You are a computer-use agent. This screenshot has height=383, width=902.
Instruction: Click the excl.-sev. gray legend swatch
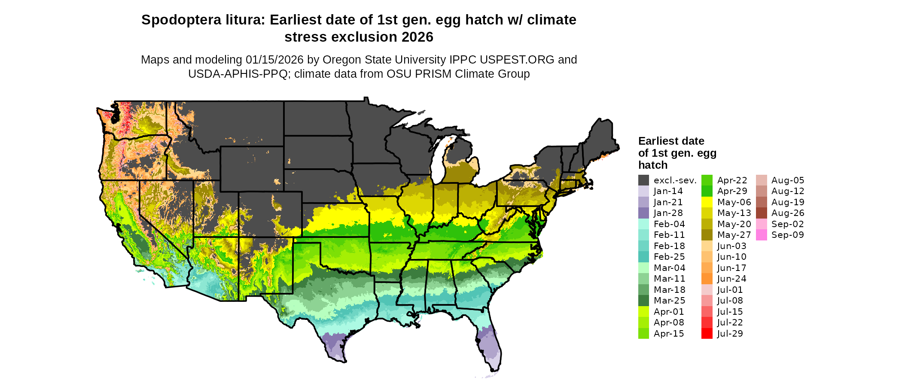pyautogui.click(x=643, y=180)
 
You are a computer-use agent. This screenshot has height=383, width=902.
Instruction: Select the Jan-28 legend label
pyautogui.click(x=668, y=213)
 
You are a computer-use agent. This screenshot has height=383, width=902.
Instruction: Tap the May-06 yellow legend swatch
pyautogui.click(x=707, y=202)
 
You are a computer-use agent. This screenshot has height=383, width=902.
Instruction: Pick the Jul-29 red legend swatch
pyautogui.click(x=707, y=334)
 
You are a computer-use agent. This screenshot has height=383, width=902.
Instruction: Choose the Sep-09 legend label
pyautogui.click(x=787, y=235)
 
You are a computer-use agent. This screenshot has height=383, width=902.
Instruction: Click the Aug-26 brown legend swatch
pyautogui.click(x=761, y=213)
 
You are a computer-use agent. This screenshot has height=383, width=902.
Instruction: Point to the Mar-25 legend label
pyautogui.click(x=669, y=301)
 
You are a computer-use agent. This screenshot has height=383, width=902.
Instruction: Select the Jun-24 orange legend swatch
pyautogui.click(x=707, y=279)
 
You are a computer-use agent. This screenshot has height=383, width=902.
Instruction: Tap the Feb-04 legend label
pyautogui.click(x=669, y=224)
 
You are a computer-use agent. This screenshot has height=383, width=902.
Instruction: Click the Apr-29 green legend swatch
pyautogui.click(x=707, y=191)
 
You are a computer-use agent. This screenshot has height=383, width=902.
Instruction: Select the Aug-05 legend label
pyautogui.click(x=787, y=180)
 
